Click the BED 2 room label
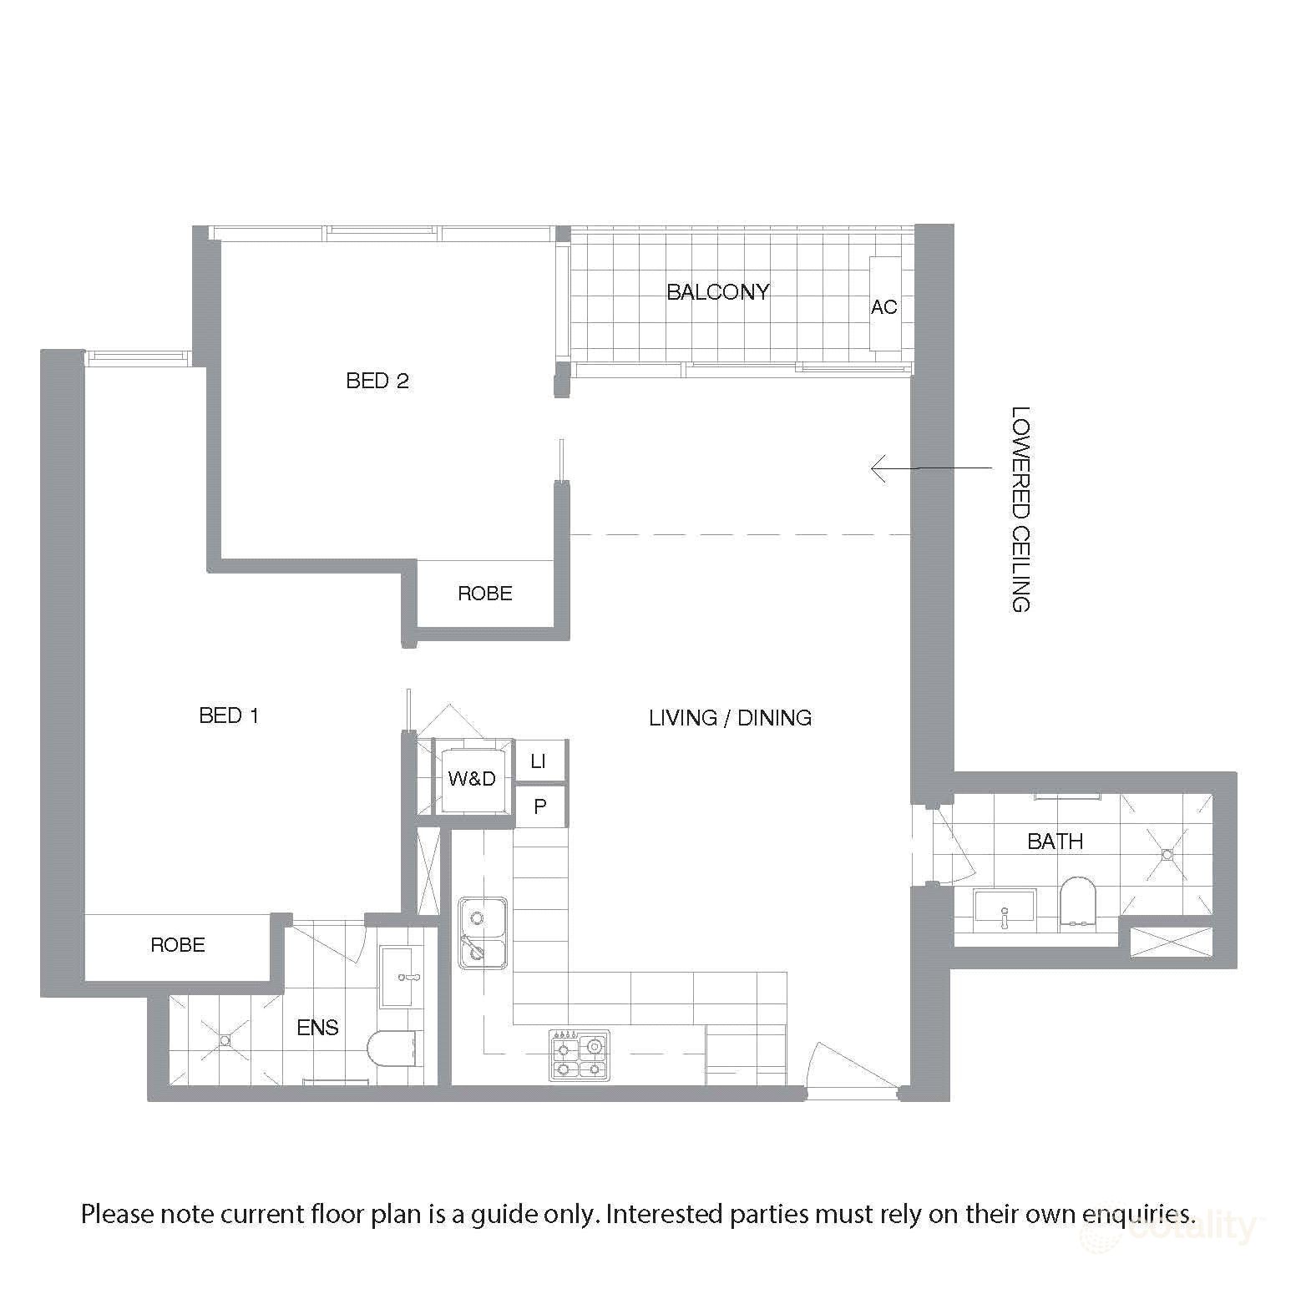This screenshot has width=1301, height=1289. tap(377, 381)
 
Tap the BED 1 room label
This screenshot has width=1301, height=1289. tap(229, 715)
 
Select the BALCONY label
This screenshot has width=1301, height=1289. tap(717, 292)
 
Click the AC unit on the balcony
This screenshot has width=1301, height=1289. tap(884, 306)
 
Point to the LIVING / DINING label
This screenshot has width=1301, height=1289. tap(730, 718)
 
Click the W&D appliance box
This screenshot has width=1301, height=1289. tap(472, 779)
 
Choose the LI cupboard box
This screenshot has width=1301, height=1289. tap(539, 761)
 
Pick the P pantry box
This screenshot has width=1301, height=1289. tap(540, 806)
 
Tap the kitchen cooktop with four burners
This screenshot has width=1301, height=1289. tap(579, 1055)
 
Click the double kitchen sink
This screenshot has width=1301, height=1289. tap(482, 933)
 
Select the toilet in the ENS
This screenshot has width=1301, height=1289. tap(392, 1049)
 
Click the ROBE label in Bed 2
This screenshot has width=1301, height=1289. tap(484, 594)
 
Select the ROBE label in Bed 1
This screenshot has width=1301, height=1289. tap(177, 945)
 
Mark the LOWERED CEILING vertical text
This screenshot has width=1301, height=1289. tap(1020, 509)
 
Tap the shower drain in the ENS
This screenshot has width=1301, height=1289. tap(225, 1040)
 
